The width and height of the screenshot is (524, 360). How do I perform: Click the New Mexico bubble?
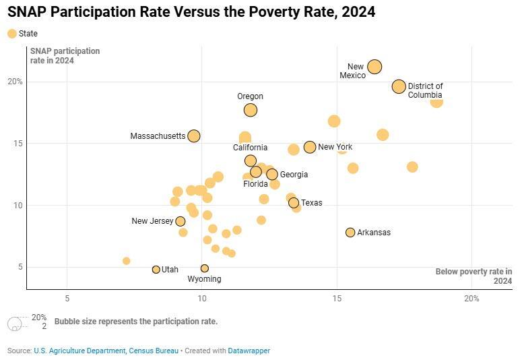coord(374,66)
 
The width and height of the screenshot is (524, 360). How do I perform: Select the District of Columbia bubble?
coord(399,86)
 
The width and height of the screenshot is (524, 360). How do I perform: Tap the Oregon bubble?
coord(251,110)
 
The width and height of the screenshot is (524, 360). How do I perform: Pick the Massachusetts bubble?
coord(194,136)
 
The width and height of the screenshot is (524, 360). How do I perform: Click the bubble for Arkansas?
coord(350,233)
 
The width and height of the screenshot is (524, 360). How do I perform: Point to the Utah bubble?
coord(156,270)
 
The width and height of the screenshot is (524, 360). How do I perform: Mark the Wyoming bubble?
coord(205,268)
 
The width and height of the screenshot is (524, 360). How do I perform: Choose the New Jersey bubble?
coord(181,221)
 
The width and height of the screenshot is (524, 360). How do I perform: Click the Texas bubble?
coord(294,203)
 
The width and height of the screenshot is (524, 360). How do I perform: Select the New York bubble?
coord(310,147)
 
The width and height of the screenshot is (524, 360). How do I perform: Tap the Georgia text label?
coord(294,175)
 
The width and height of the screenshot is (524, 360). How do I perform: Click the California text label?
coord(251,148)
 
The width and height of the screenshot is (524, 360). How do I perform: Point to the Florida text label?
coord(256,183)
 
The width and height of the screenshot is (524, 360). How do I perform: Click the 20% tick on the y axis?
coord(15,82)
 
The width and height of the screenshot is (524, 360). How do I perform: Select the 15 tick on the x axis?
coord(337,299)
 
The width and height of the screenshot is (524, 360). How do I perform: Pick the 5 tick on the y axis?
coord(19,267)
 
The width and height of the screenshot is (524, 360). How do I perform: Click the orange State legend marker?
coord(11,34)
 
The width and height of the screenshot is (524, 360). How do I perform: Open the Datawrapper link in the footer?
coord(249,351)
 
